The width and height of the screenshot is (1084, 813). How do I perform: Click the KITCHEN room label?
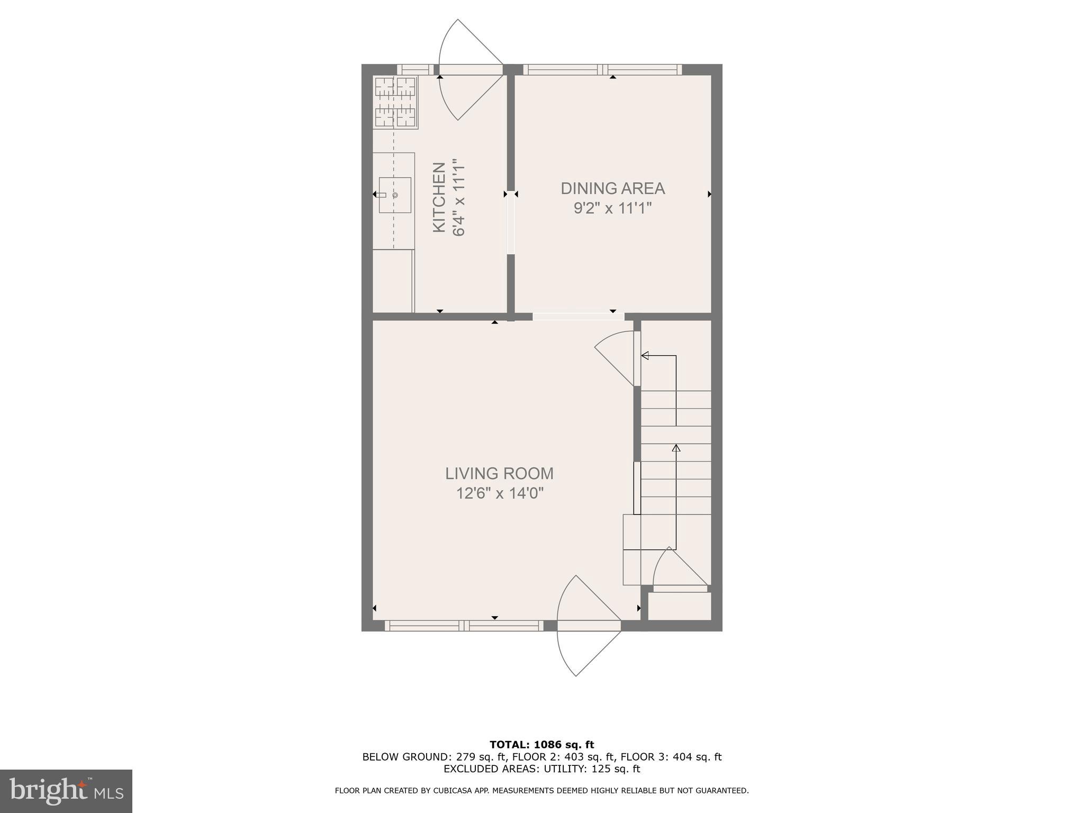(439, 197)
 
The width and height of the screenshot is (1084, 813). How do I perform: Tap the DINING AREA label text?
(612, 188)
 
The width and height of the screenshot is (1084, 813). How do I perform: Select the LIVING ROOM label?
(499, 473)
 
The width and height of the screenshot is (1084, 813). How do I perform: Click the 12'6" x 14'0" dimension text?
(500, 493)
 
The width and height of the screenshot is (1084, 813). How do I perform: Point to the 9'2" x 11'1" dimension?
(612, 208)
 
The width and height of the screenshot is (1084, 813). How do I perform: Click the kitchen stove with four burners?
(395, 102)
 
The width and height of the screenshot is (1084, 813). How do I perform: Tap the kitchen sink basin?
(395, 195)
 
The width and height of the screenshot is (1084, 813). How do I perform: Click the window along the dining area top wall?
(602, 69)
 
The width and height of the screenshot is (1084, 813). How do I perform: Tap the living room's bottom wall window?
(464, 626)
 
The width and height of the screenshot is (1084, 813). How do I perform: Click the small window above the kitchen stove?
(415, 69)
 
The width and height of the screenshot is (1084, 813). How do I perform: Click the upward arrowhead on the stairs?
(676, 448)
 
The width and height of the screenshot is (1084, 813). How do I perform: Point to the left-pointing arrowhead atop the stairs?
(645, 356)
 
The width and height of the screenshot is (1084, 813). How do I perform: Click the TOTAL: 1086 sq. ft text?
(541, 745)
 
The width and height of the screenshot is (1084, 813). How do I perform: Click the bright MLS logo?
(66, 791)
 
